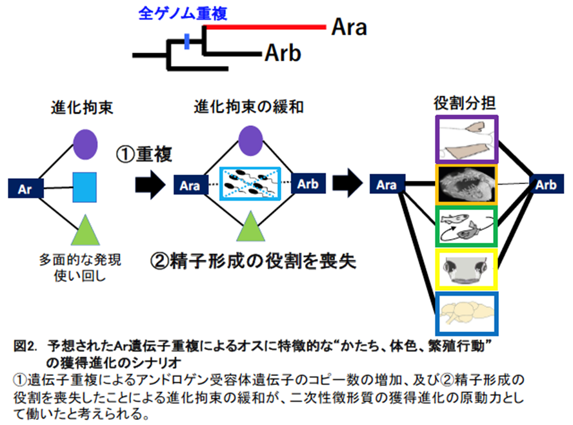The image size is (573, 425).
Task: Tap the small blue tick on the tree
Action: coord(186,42)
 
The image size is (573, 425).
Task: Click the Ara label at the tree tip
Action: coord(348,28)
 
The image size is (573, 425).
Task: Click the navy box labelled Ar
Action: coord(25,189)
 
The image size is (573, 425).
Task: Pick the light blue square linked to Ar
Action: coord(84,188)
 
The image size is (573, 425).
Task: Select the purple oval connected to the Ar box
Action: coord(84,143)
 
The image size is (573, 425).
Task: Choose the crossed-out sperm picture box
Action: coord(250,185)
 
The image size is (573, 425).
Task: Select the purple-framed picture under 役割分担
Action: coord(465,140)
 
